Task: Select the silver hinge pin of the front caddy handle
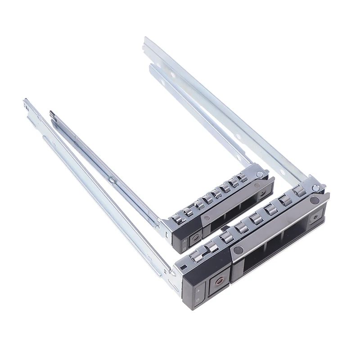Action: [x=316, y=188]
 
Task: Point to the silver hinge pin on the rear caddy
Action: [x=260, y=174]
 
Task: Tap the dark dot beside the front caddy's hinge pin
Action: [x=315, y=199]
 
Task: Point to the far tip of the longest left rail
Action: [x=25, y=102]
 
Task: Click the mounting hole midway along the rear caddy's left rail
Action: [x=111, y=180]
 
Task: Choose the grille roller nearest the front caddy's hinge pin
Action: [x=300, y=191]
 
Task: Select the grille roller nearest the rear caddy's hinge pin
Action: [x=244, y=178]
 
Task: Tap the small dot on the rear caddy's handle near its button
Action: [x=206, y=217]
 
